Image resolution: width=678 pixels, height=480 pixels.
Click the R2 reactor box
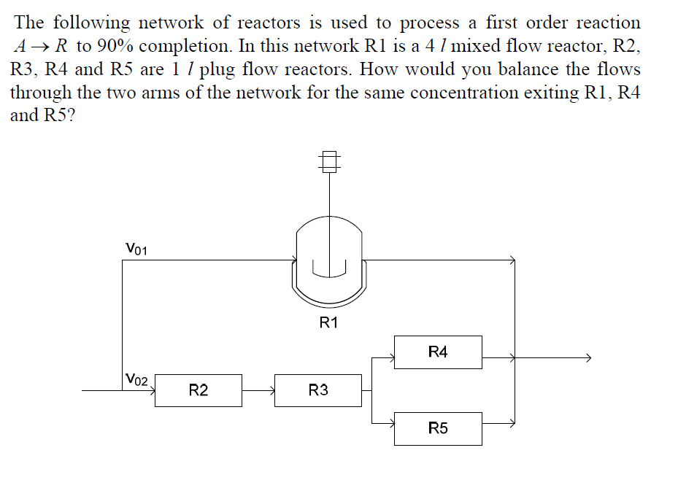point(198,390)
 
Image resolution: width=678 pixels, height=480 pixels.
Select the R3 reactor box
point(317,390)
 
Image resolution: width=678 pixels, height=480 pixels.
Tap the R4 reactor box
point(438,352)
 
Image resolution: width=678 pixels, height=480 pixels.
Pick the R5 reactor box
point(438,428)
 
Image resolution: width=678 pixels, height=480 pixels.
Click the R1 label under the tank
point(329,323)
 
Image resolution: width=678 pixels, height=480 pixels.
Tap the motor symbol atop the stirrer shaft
point(330,160)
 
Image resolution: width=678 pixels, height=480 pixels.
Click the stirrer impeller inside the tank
point(329,270)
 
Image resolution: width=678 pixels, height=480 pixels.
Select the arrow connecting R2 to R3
point(258,390)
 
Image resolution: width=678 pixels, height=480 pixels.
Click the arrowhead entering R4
point(390,358)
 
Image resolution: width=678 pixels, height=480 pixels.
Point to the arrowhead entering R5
point(390,422)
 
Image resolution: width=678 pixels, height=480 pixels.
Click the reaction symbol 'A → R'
point(42,46)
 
